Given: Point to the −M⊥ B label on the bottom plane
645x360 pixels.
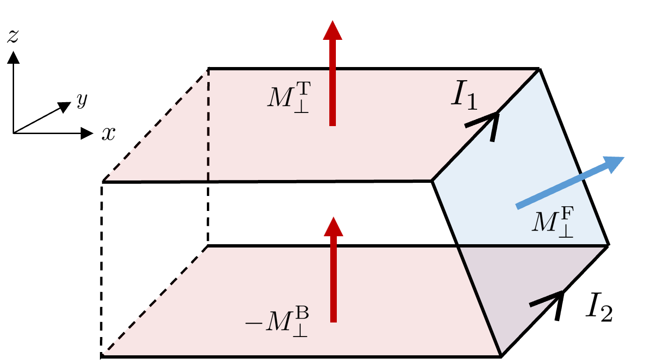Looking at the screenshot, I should (x=277, y=322).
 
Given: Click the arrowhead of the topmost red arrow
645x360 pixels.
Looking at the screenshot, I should (x=333, y=31).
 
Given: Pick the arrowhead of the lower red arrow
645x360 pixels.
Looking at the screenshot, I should (x=334, y=226).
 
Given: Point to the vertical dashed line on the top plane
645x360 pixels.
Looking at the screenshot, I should (x=208, y=127).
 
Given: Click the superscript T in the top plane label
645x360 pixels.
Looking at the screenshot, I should (x=303, y=88).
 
